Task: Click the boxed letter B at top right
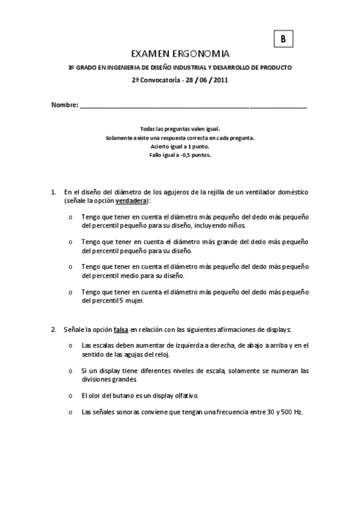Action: (283, 38)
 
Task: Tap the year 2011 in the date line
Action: (220, 79)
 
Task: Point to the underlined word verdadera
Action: (132, 200)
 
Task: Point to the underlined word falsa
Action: (121, 329)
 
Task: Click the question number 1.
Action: (53, 192)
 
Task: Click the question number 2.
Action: (53, 329)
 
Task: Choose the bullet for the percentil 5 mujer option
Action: (71, 292)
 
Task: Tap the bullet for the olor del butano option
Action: (71, 395)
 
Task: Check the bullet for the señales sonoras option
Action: (71, 412)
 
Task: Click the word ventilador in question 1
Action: (254, 192)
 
